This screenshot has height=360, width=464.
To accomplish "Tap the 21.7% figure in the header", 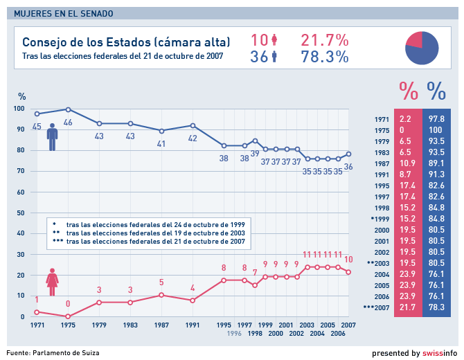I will coord(324,41).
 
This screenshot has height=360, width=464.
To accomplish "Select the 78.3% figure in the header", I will coord(324,57).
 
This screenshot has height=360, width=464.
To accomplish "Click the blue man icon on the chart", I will coord(52,136).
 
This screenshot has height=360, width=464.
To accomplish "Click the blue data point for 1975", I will coord(68,109).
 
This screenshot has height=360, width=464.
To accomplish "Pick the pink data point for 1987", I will coord(161,295).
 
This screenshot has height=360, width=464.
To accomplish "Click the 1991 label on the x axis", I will coord(193,325).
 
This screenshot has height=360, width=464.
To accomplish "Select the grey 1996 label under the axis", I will coord(224,333).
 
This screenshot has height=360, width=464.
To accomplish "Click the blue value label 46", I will coord(68,123).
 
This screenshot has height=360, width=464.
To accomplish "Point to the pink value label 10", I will coord(348,260).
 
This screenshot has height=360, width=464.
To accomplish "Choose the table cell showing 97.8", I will coord(436,119).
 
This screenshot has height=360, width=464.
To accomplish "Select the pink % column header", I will coord(408,91).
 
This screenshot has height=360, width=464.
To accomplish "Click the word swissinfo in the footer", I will coord(438,353).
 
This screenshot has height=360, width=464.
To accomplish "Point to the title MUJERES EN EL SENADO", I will coord(64,13).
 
